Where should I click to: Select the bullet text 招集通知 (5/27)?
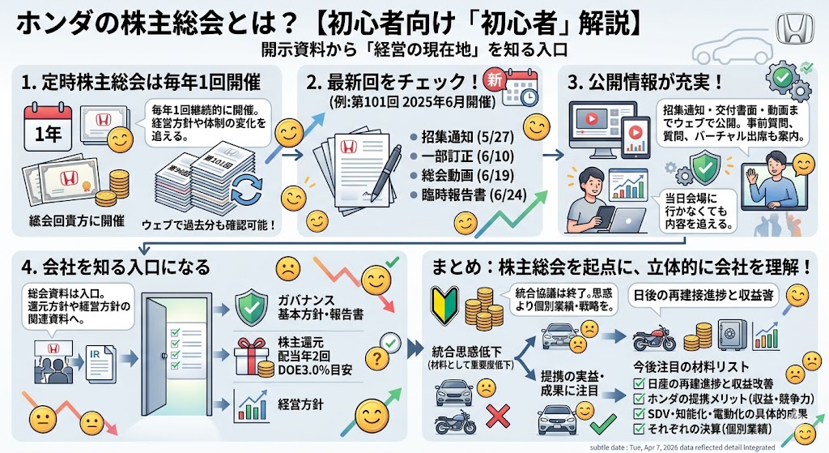[x=456, y=137]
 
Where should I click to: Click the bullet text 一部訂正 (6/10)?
[x=456, y=156]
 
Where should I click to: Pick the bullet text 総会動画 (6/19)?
[x=456, y=176]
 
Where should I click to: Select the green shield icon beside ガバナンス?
[x=250, y=309]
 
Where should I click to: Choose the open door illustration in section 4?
[x=180, y=348]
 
